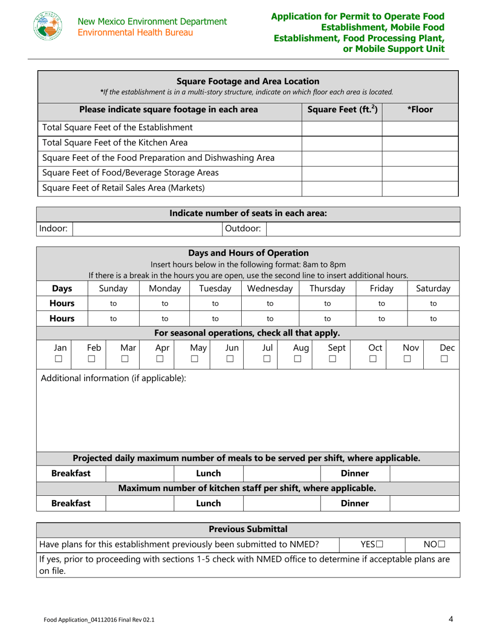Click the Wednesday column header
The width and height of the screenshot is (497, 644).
point(269,288)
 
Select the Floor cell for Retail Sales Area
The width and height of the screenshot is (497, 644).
point(420,187)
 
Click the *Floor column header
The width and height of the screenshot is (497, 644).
point(420,110)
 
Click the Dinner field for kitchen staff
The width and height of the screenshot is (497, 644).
point(424,503)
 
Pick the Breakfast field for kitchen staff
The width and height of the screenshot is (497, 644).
point(140,503)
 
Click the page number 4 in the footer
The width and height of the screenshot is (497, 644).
point(450,619)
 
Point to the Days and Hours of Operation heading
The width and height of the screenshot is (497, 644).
point(249,253)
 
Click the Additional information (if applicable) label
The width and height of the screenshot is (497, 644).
point(114,377)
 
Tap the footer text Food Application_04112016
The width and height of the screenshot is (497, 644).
point(99,620)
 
